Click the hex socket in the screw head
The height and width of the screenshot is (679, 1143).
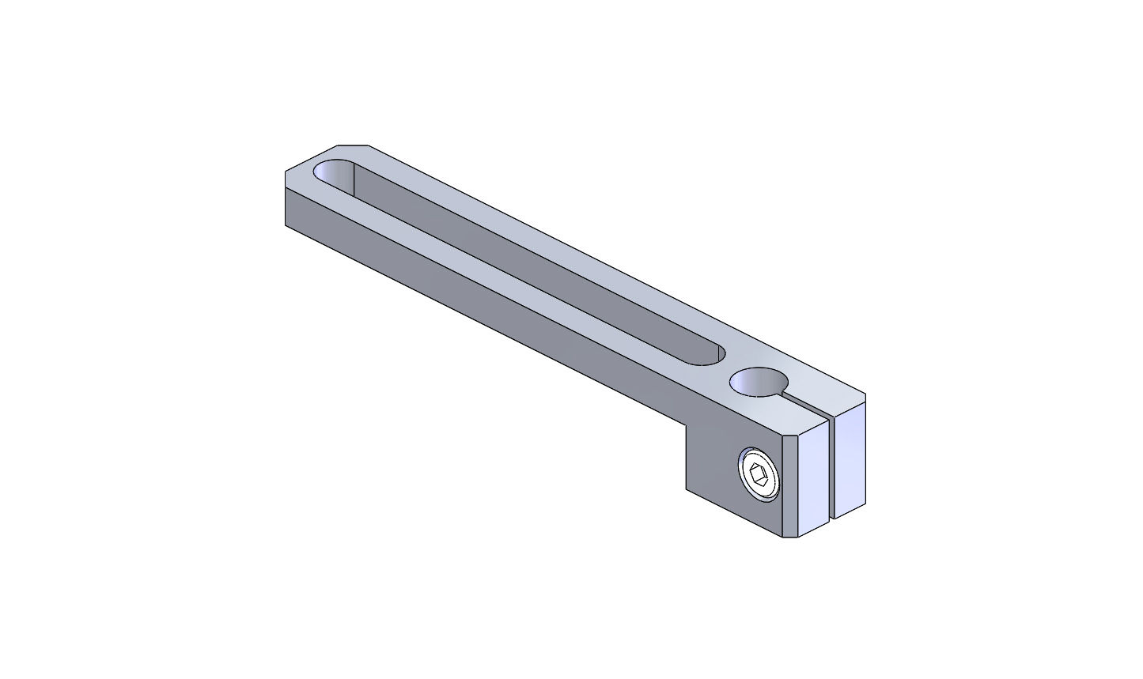pos(759,476)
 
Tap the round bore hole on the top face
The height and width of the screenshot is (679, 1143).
pos(759,382)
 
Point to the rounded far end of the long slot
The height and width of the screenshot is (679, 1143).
pos(332,172)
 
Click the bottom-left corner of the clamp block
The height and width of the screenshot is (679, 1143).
pos(686,490)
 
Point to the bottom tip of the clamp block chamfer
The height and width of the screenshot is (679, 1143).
pos(783,538)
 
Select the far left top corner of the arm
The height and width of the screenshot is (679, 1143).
pos(286,172)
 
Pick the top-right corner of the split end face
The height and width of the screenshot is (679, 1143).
pos(865,394)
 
